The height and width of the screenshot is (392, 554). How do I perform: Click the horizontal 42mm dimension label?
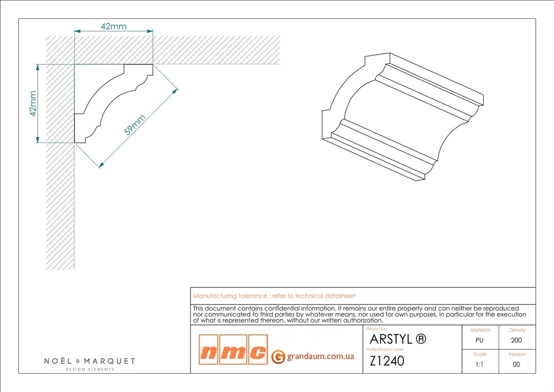click(x=114, y=26)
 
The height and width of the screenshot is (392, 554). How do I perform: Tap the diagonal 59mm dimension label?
click(x=135, y=125)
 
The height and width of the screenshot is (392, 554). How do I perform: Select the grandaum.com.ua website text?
click(x=320, y=357)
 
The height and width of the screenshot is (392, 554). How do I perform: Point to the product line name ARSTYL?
click(x=390, y=339)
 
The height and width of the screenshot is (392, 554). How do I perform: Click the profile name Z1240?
click(x=387, y=360)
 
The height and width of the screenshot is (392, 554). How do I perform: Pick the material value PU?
click(x=480, y=340)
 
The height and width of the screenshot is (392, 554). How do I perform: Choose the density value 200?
click(x=516, y=340)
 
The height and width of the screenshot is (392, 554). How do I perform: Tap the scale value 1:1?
click(x=480, y=364)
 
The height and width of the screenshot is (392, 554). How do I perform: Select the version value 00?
click(x=516, y=364)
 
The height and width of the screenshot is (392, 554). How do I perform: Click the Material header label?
click(x=480, y=330)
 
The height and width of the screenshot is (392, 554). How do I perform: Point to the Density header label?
click(x=516, y=330)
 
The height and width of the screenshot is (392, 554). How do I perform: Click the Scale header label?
click(x=480, y=354)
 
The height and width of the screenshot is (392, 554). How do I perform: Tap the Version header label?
click(x=516, y=354)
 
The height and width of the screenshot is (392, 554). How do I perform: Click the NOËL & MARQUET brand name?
click(x=90, y=361)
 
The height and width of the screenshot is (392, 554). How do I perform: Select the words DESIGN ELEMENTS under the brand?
click(x=90, y=369)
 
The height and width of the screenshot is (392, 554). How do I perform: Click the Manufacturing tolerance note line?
click(x=274, y=296)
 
